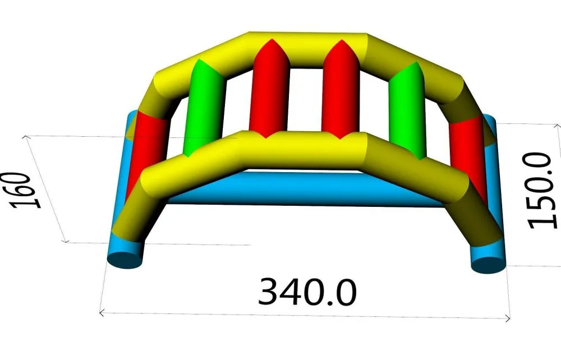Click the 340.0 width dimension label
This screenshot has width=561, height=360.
[307, 292]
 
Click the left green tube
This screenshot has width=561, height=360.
[204, 109]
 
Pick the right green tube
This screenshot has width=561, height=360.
[407, 111]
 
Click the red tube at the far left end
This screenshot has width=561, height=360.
[145, 150]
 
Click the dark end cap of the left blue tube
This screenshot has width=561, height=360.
[125, 260]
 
